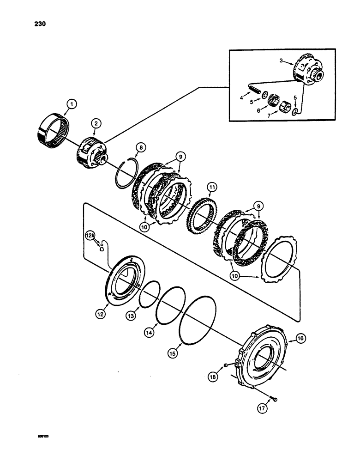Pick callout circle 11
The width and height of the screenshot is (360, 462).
coord(212,188)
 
